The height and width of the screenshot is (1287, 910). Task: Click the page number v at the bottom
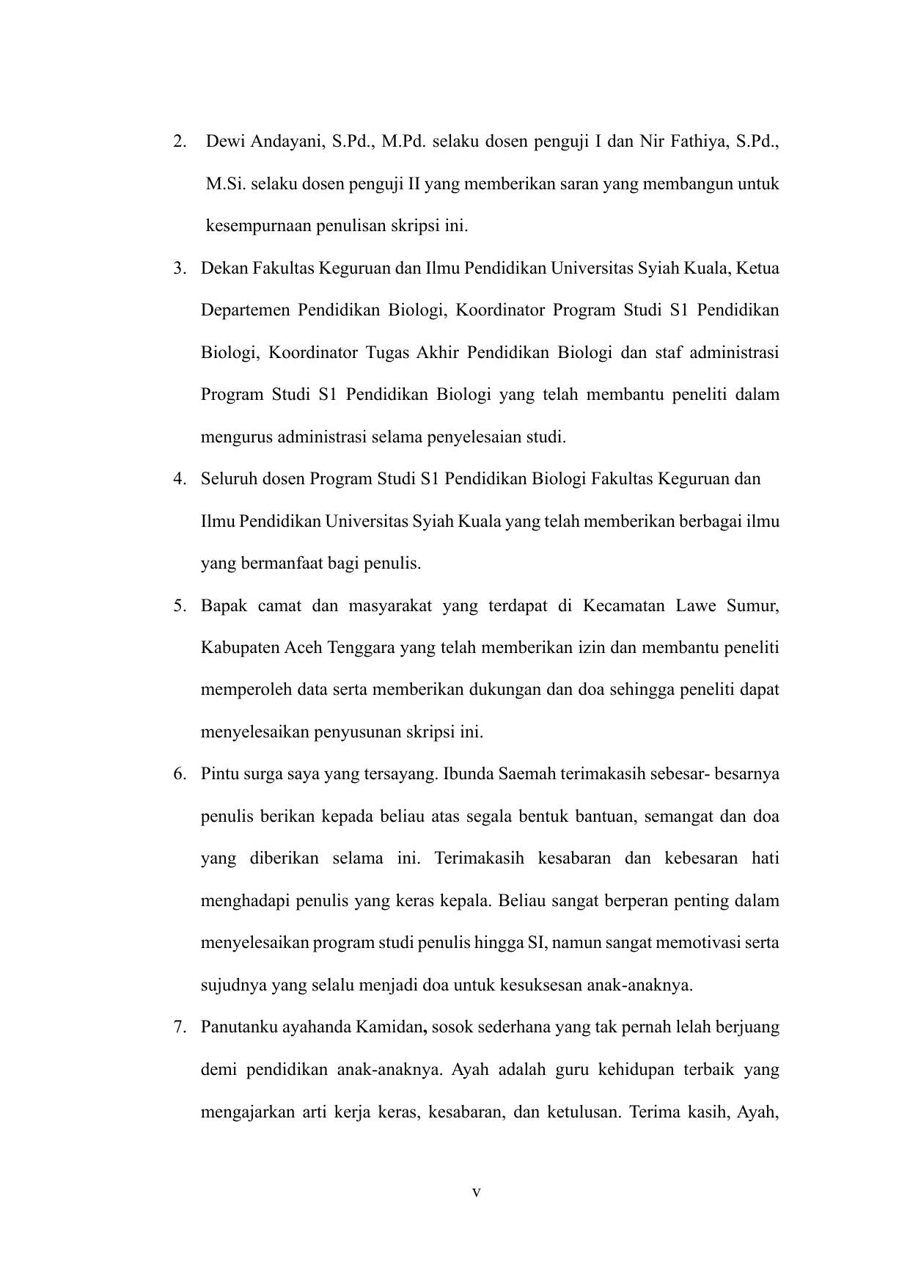pyautogui.click(x=476, y=1193)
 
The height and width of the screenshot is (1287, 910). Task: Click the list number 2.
pyautogui.click(x=178, y=142)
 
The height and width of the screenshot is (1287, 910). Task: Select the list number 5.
pyautogui.click(x=178, y=606)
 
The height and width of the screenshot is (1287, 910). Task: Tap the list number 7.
pyautogui.click(x=178, y=1027)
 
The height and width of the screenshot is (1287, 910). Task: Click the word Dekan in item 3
pyautogui.click(x=224, y=269)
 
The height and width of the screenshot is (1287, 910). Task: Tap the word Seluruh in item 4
pyautogui.click(x=228, y=480)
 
